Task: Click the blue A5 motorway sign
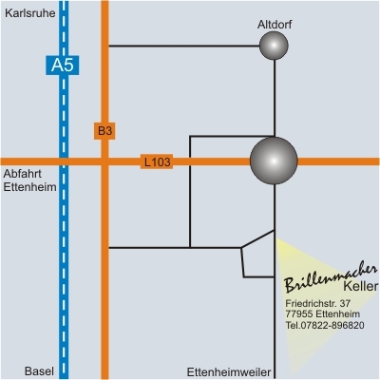[63, 66]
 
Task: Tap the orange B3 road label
[104, 131]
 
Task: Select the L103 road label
[157, 161]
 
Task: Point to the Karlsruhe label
[30, 13]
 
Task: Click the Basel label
[39, 371]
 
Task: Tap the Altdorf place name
[275, 25]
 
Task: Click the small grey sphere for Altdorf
[274, 46]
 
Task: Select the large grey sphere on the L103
[274, 161]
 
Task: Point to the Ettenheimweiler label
[229, 372]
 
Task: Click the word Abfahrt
[23, 174]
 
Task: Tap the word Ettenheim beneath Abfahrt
[29, 187]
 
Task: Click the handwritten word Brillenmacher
[331, 278]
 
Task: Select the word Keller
[361, 286]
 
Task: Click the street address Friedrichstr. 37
[318, 303]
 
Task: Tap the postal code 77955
[299, 314]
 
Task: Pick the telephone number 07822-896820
[332, 325]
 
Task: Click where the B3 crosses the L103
[104, 161]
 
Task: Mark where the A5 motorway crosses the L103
[64, 161]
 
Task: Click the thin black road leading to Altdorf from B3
[184, 46]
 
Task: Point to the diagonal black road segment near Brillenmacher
[257, 238]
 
